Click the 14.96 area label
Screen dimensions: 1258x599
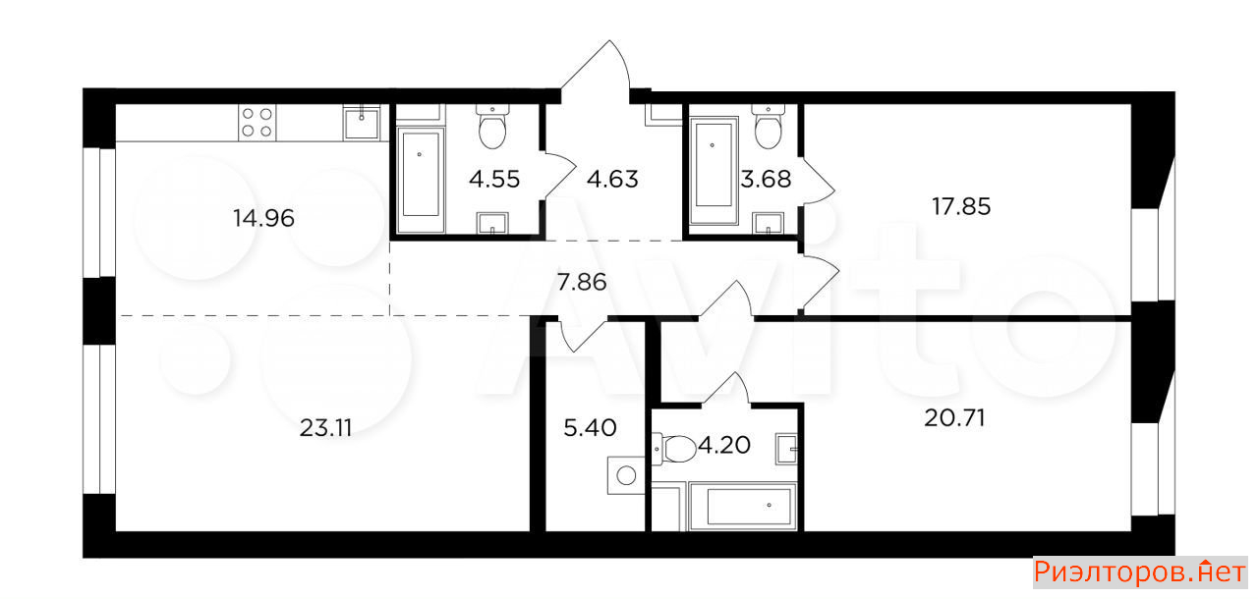coord(263,218)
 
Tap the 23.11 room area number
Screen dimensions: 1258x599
coord(325,428)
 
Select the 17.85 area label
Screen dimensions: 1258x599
coord(961,206)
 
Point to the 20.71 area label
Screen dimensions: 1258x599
coord(954,418)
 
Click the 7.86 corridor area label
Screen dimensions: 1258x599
coord(582,282)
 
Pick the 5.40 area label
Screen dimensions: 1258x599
coord(590,428)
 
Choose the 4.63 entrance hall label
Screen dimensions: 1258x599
coord(612,180)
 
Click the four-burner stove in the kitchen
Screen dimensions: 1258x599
coord(257,123)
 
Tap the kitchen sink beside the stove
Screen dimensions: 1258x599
coord(362,124)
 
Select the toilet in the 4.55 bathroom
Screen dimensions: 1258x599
coord(492,127)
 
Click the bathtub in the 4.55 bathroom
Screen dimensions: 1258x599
coord(421,180)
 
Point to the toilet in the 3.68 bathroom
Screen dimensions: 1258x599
coord(768,127)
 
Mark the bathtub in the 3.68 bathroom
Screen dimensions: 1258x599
coord(714,171)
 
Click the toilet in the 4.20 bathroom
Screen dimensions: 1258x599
coord(674,449)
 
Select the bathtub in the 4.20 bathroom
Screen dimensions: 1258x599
coord(742,507)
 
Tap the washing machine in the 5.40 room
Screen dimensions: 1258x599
coord(626,475)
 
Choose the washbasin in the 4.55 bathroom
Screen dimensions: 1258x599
coord(492,223)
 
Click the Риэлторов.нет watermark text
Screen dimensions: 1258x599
coord(1140,572)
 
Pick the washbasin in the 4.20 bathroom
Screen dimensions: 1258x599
coord(786,449)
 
